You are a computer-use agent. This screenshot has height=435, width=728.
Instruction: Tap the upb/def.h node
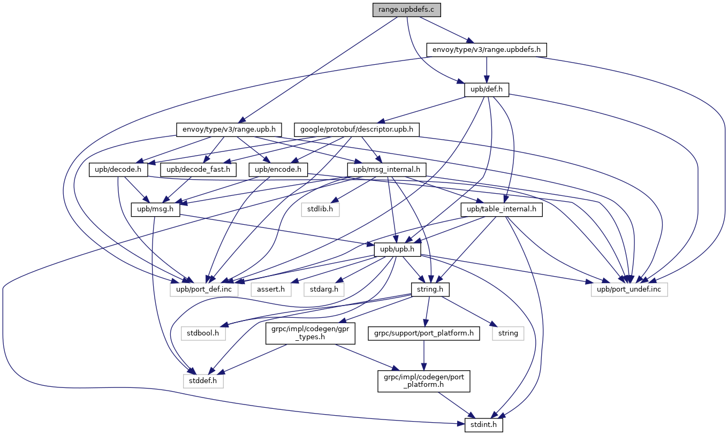tap(486, 90)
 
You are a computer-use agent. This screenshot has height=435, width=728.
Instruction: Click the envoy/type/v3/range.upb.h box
tap(229, 129)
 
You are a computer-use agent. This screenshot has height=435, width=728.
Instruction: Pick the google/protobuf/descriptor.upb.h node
tap(357, 129)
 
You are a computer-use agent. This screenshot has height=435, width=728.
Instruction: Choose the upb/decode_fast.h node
tap(198, 170)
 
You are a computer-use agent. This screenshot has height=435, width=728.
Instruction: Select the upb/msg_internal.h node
tap(387, 170)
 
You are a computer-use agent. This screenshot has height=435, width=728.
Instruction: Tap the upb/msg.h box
tap(155, 209)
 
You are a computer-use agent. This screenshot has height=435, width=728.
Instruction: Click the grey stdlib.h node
tap(320, 209)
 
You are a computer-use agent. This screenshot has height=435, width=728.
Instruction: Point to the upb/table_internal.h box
tap(502, 209)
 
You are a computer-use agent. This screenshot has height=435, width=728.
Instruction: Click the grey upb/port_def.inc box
tap(208, 289)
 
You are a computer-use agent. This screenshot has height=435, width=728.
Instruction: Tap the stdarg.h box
tap(324, 289)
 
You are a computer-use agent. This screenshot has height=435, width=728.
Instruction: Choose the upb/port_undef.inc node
tap(630, 289)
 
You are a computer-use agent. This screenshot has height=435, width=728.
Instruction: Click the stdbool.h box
tap(203, 333)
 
